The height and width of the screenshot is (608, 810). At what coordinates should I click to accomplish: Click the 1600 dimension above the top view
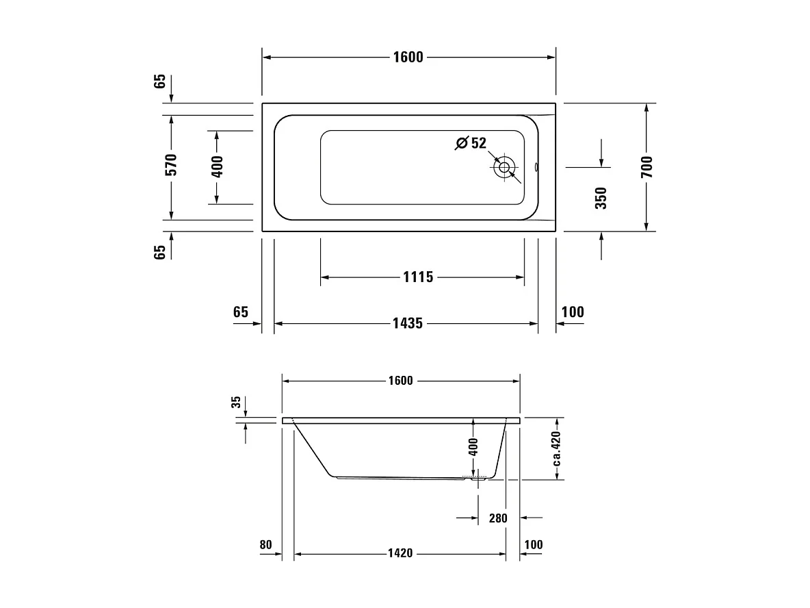[x=408, y=58]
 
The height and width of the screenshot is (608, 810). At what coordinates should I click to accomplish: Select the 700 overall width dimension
[x=647, y=167]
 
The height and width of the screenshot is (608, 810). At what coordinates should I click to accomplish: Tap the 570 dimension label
[x=171, y=165]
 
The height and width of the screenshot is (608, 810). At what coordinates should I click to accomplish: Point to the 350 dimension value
[x=601, y=198]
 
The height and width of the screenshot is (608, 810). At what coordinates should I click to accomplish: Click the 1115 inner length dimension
[x=418, y=277]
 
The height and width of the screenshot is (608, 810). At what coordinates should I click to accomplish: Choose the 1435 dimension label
[x=407, y=323]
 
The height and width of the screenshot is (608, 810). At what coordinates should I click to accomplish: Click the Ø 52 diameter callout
[x=471, y=143]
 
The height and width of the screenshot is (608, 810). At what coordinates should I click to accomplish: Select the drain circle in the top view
[x=505, y=166]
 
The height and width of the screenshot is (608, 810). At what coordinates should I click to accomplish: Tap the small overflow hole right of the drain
[x=536, y=166]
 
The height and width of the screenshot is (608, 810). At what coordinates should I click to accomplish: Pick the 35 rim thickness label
[x=237, y=403]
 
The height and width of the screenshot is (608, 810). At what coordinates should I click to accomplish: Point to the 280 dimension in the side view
[x=498, y=518]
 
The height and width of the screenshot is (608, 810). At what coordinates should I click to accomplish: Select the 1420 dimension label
[x=400, y=553]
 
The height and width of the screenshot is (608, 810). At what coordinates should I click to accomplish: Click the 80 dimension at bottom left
[x=266, y=545]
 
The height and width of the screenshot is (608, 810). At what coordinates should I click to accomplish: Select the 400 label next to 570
[x=218, y=167]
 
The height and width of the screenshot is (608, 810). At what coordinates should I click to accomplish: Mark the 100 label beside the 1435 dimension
[x=573, y=312]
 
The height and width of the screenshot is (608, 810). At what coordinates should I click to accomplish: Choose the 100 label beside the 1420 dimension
[x=533, y=545]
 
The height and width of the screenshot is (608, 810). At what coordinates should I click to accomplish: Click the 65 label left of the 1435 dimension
[x=240, y=312]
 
